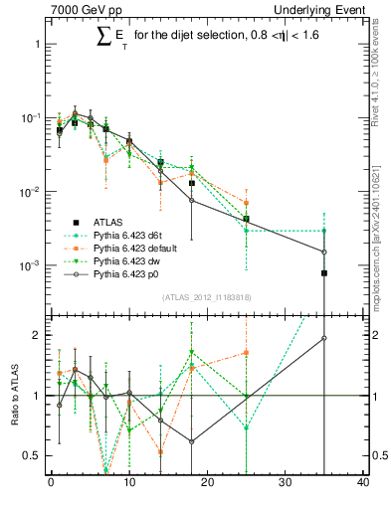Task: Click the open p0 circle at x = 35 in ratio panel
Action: coord(324,338)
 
